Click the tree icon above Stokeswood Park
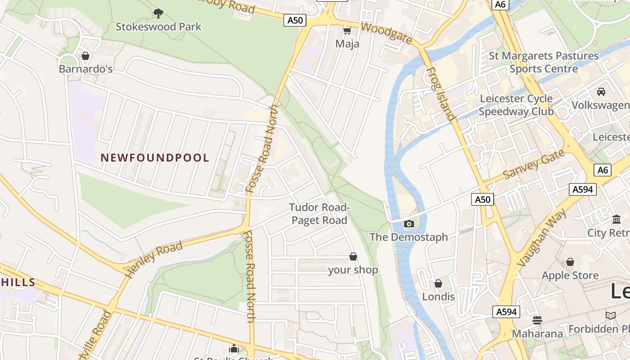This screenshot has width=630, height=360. pos(158,13)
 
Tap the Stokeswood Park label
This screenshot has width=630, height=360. pos(158,27)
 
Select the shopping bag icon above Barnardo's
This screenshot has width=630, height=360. pos(85,56)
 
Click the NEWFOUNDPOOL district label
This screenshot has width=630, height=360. pos(155,158)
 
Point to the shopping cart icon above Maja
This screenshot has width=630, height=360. pos(347,31)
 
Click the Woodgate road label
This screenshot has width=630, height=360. pos(386,33)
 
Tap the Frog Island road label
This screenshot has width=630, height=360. pos(440,94)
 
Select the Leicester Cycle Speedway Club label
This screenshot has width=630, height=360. pos(516,105)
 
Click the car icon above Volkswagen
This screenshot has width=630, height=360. pos(601,92)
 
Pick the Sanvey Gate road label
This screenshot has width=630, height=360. pos(533,164)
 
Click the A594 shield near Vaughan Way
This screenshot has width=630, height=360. pos(582,189)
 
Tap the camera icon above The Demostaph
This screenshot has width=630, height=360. pos(409,224)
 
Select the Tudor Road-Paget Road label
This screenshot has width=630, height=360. pos(319,214)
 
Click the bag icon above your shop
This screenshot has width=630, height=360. pos(353,256)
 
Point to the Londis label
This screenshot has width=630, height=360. pos(438,297)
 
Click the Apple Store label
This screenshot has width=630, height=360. pos(570,275)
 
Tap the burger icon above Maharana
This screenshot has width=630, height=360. pos(537,320)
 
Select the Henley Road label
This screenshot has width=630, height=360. pos(153,259)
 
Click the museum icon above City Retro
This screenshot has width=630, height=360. pos(616,220)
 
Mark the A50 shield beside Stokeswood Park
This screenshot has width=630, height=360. pos(295,20)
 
